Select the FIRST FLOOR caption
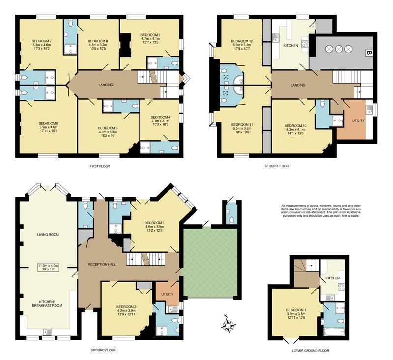100,166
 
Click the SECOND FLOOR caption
277,166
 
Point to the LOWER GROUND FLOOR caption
310,351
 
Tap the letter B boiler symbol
369,53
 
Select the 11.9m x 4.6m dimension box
48,267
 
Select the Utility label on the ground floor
167,294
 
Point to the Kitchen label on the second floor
291,46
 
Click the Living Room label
48,235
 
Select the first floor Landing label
106,85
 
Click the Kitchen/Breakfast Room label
47,304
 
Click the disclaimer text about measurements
321,210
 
